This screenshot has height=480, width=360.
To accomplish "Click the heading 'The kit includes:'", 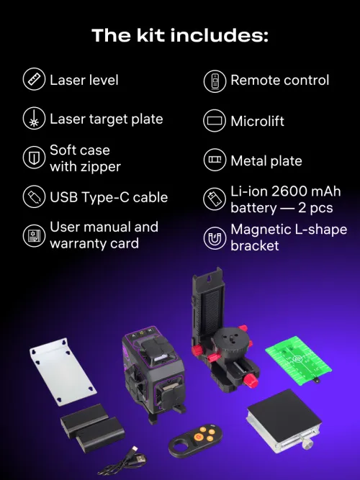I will [179, 35].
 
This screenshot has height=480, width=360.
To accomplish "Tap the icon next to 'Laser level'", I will [34, 80].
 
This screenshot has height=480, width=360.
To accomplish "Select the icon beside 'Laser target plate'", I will [34, 119].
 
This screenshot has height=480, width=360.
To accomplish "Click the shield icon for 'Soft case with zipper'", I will [34, 158].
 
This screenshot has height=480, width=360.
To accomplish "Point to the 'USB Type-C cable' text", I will [108, 197].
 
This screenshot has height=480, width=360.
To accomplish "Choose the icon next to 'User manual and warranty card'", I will [34, 235].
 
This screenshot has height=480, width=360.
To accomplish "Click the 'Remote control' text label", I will [279, 81].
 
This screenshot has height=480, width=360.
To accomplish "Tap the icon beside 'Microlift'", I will [215, 121].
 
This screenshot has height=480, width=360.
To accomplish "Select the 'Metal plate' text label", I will [266, 160].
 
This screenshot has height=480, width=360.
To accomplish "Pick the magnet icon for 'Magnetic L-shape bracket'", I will [215, 238].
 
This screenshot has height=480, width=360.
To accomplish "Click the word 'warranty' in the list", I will [78, 243].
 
